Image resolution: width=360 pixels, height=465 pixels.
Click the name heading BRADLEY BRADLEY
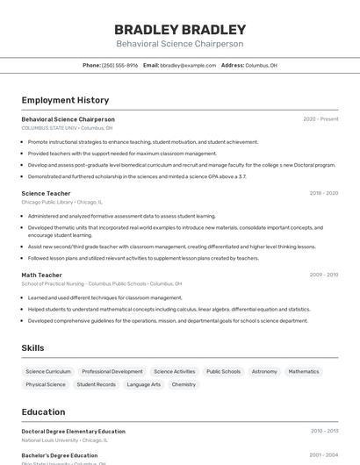[x=179, y=29]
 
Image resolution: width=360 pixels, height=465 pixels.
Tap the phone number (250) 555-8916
[x=119, y=65]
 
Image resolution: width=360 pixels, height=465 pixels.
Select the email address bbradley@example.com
[x=188, y=65]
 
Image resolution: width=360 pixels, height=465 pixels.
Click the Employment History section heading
[x=65, y=100]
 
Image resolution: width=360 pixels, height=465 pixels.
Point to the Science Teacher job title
[x=46, y=193]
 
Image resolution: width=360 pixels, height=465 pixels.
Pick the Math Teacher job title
[x=41, y=275]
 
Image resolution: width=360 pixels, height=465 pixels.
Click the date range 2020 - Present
[x=320, y=118]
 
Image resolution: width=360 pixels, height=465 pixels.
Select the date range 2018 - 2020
[x=323, y=193]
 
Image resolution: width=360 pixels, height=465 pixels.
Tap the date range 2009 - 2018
[x=323, y=275]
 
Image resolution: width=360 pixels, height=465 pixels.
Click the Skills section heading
[x=32, y=348]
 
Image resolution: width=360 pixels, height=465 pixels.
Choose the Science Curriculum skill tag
[x=48, y=371]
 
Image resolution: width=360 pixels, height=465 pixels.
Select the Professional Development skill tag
[x=112, y=371]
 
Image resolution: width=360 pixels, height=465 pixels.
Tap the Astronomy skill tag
[x=264, y=371]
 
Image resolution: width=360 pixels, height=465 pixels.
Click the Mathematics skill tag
[x=304, y=371]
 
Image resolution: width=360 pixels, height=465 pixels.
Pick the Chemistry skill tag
[x=184, y=384]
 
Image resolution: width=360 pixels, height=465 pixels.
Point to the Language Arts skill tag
[x=144, y=384]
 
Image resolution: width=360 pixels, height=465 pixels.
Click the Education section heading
[x=43, y=411]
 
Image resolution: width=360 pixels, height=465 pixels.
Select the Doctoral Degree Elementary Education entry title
[x=73, y=432]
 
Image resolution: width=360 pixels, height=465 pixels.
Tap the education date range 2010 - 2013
[x=324, y=432]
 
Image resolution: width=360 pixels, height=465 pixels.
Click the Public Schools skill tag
[x=223, y=371]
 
